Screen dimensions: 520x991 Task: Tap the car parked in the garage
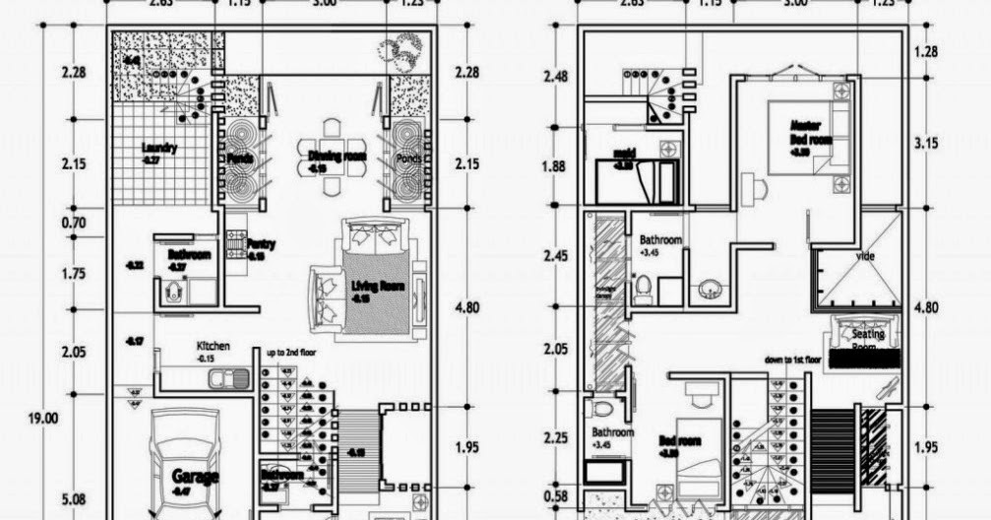point(187,463)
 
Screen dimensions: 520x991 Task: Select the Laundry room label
point(158,149)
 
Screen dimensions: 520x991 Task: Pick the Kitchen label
point(213,347)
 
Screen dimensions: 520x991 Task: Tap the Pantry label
point(260,244)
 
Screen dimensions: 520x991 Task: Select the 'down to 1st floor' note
point(792,361)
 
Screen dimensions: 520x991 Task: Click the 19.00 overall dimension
point(42,418)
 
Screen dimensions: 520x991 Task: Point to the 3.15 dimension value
point(927,143)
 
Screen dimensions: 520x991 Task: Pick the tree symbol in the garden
point(404,49)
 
